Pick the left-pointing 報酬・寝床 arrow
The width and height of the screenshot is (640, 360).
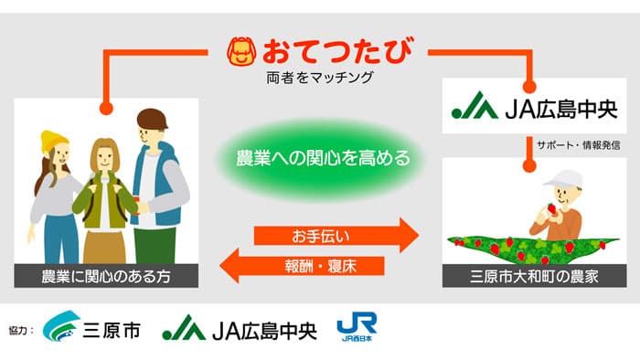[302, 267]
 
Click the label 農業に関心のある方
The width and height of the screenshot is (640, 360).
[106, 275]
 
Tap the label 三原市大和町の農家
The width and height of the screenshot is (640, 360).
[535, 275]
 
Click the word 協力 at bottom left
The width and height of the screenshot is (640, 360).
[22, 328]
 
